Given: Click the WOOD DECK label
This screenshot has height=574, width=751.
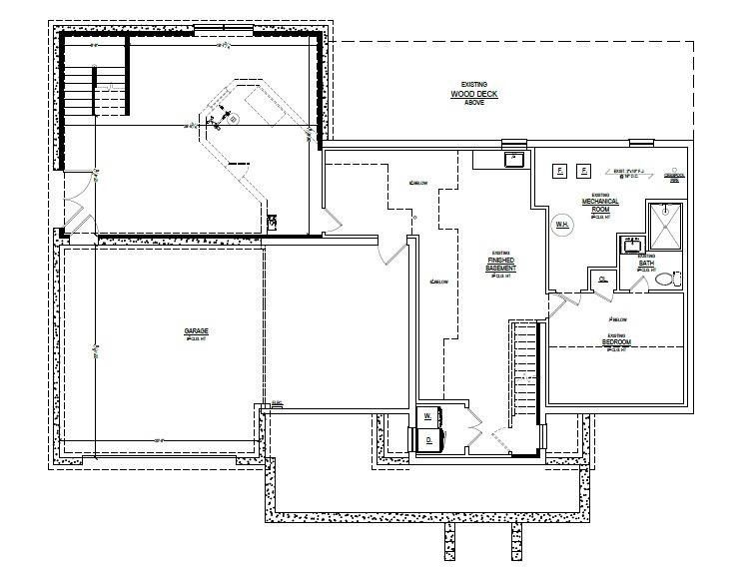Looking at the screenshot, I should (x=466, y=96).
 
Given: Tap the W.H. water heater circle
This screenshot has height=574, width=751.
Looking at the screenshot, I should (x=562, y=225).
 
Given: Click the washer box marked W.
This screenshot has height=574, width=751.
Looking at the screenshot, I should (x=428, y=414).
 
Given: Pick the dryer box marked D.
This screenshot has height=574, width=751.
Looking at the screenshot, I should (x=428, y=438).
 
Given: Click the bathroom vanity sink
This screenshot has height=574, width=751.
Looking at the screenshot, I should (x=631, y=244).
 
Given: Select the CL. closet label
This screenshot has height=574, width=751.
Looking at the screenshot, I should (x=603, y=281).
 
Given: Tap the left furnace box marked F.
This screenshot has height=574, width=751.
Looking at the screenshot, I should (x=560, y=172).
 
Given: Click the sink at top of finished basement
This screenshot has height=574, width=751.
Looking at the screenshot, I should (x=513, y=158).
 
